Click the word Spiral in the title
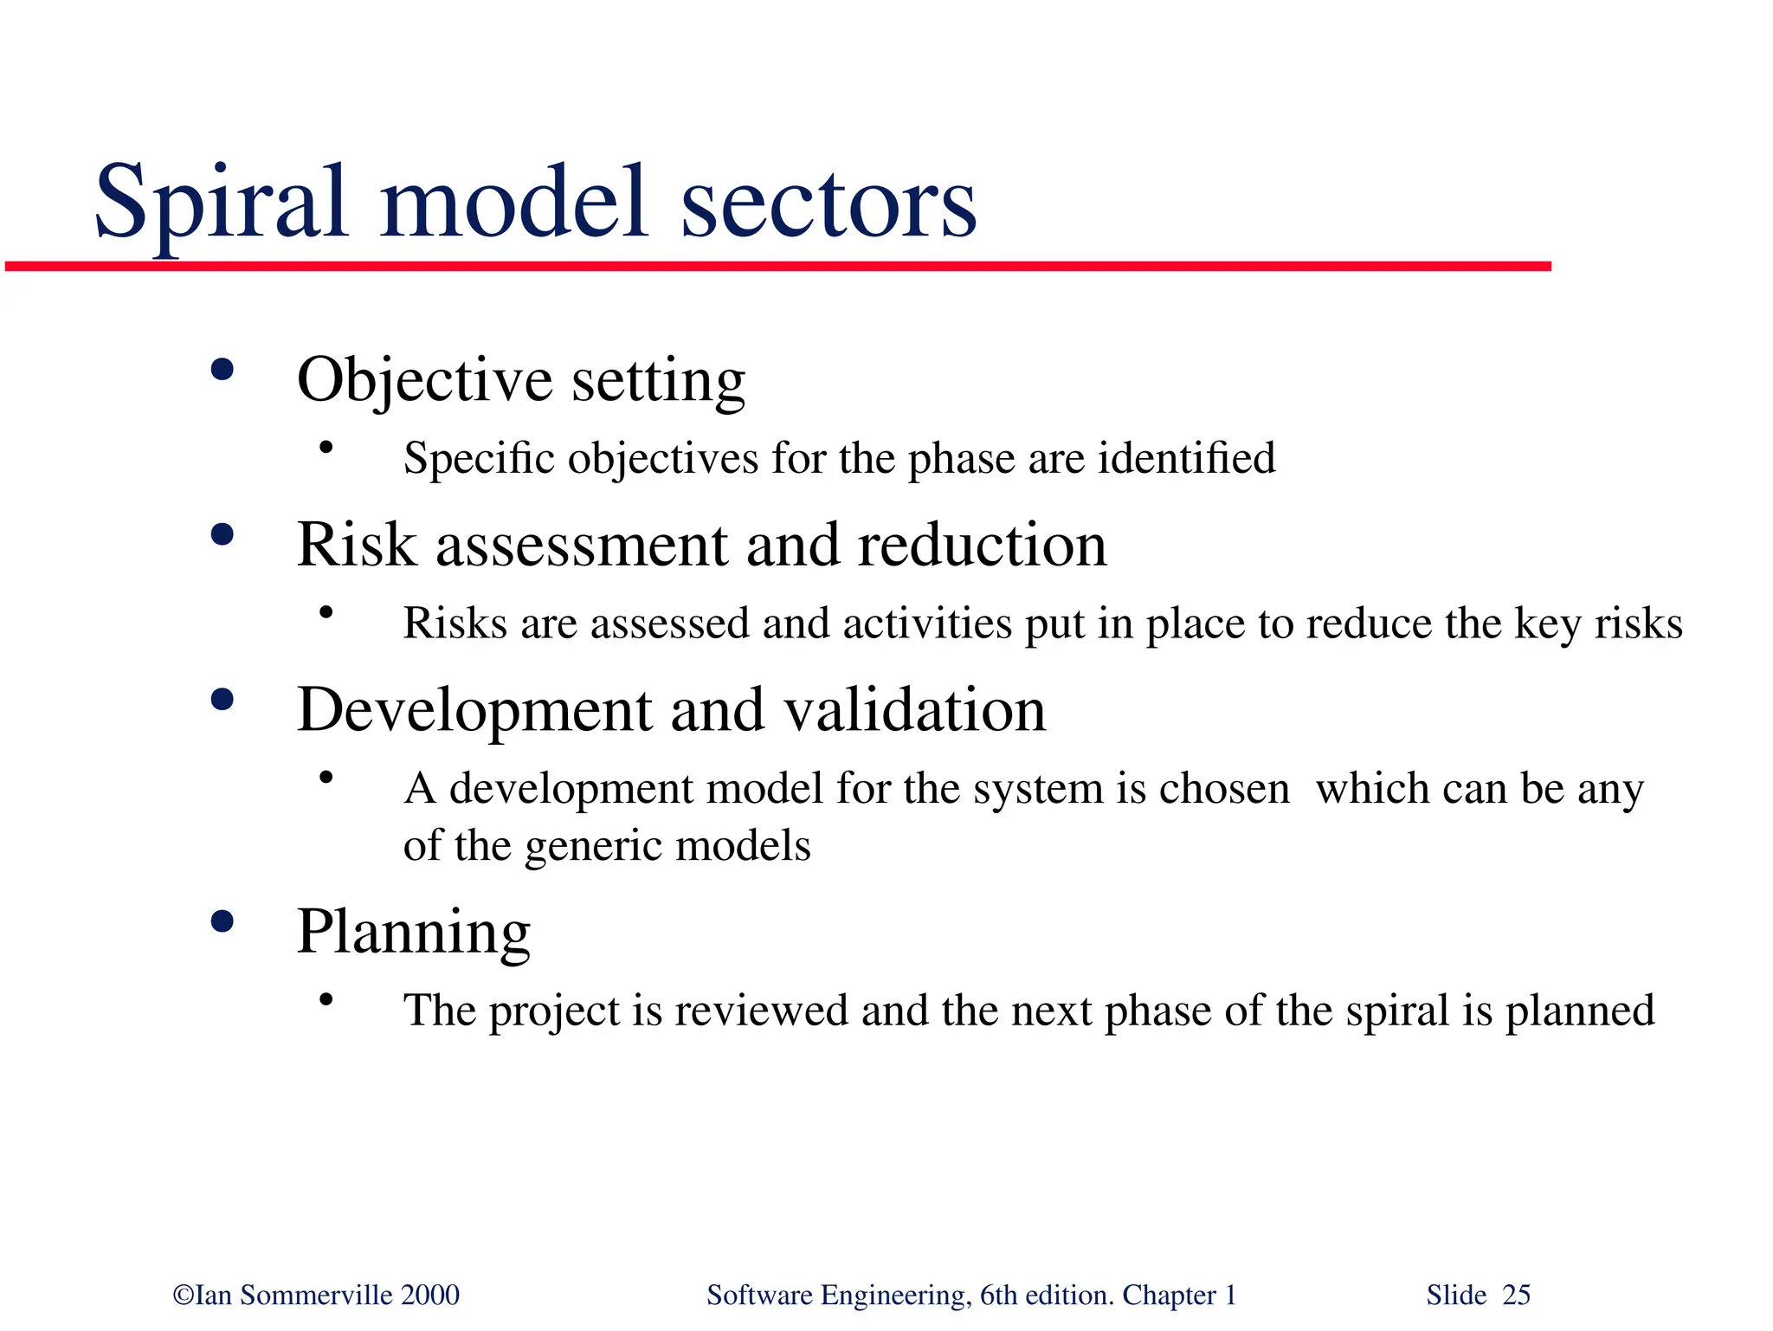coord(221,204)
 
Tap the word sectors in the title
coord(828,204)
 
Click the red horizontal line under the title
coord(779,267)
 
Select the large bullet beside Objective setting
coord(222,371)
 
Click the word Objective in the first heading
coord(424,381)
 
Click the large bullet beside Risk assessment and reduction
coord(222,534)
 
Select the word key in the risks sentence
coord(1547,624)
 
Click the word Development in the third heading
coord(474,710)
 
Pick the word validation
coord(915,710)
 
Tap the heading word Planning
coord(413,934)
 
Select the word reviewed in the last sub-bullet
coord(761,1011)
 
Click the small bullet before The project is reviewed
coord(326,1000)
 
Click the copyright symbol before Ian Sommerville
coord(183,1295)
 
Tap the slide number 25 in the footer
coord(1516,1295)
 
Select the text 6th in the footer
coord(998,1295)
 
